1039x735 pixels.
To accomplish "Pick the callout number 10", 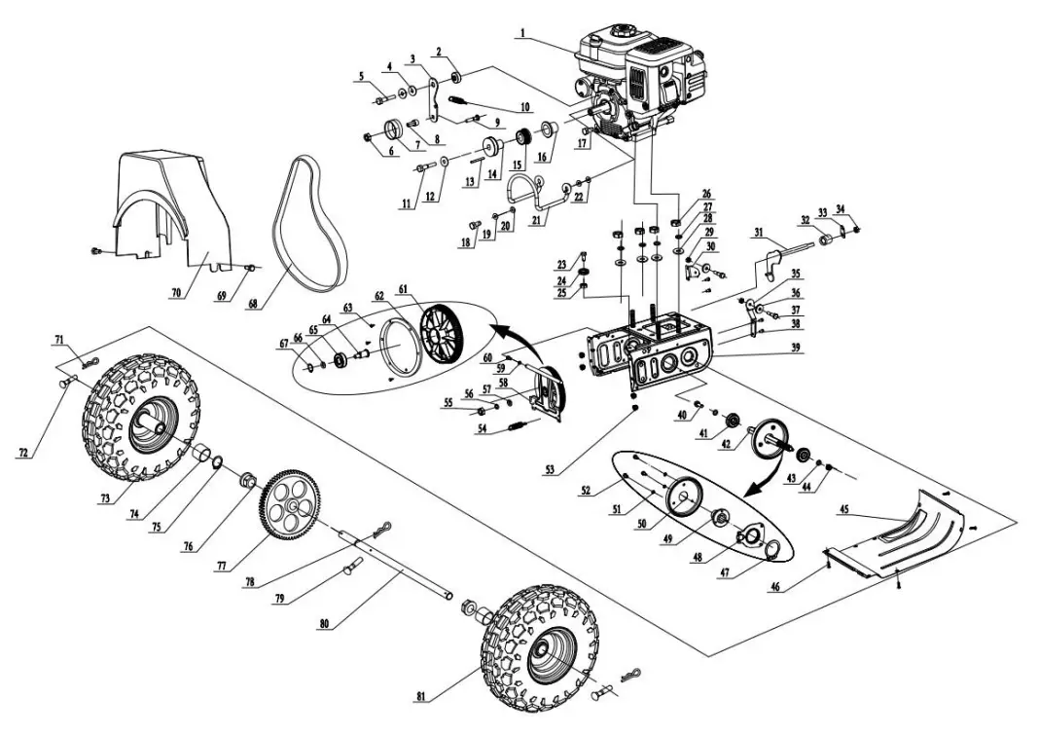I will pos(524,106).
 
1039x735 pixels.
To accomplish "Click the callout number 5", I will pos(361,75).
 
